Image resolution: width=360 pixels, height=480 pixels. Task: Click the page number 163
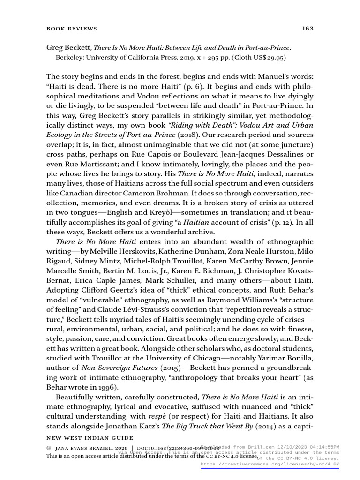click(x=307, y=28)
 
